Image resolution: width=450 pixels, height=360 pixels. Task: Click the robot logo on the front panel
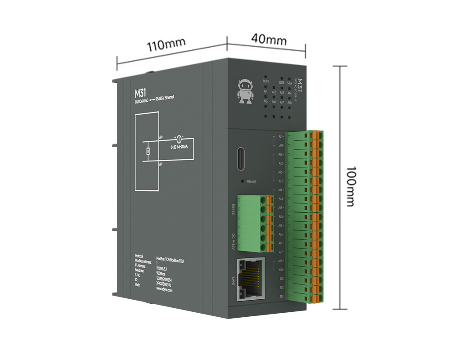click(x=245, y=91)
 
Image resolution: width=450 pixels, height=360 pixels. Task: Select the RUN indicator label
click(x=266, y=81)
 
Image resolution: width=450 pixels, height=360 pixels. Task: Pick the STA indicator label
click(x=289, y=83)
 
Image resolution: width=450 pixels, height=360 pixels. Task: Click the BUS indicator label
click(x=282, y=82)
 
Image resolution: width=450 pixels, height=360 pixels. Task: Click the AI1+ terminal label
click(x=281, y=136)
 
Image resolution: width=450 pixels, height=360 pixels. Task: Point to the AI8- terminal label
click(x=280, y=270)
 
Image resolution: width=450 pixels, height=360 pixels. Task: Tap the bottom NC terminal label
click(x=282, y=296)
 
